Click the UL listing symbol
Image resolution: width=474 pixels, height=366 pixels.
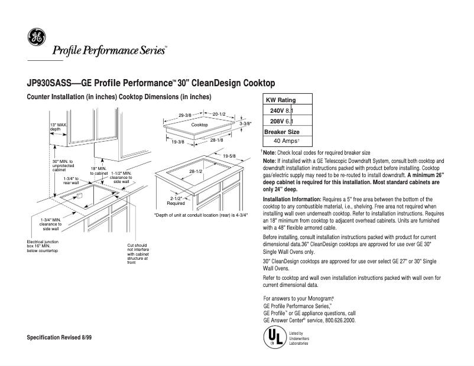[x=272, y=337]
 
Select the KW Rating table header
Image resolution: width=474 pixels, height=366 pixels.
[x=281, y=100]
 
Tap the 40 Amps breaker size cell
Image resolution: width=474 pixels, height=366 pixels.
[x=287, y=142]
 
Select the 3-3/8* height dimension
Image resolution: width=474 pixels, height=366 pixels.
[x=246, y=124]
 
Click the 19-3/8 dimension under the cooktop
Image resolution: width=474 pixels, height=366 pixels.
[x=177, y=142]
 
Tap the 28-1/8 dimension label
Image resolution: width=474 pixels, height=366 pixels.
[x=217, y=140]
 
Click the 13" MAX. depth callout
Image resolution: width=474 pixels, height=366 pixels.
[x=59, y=127]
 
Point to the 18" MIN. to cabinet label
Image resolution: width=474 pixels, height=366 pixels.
[x=99, y=171]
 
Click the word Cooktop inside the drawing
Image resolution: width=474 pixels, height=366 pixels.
[x=199, y=126]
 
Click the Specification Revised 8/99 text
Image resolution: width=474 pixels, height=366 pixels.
[x=59, y=336]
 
